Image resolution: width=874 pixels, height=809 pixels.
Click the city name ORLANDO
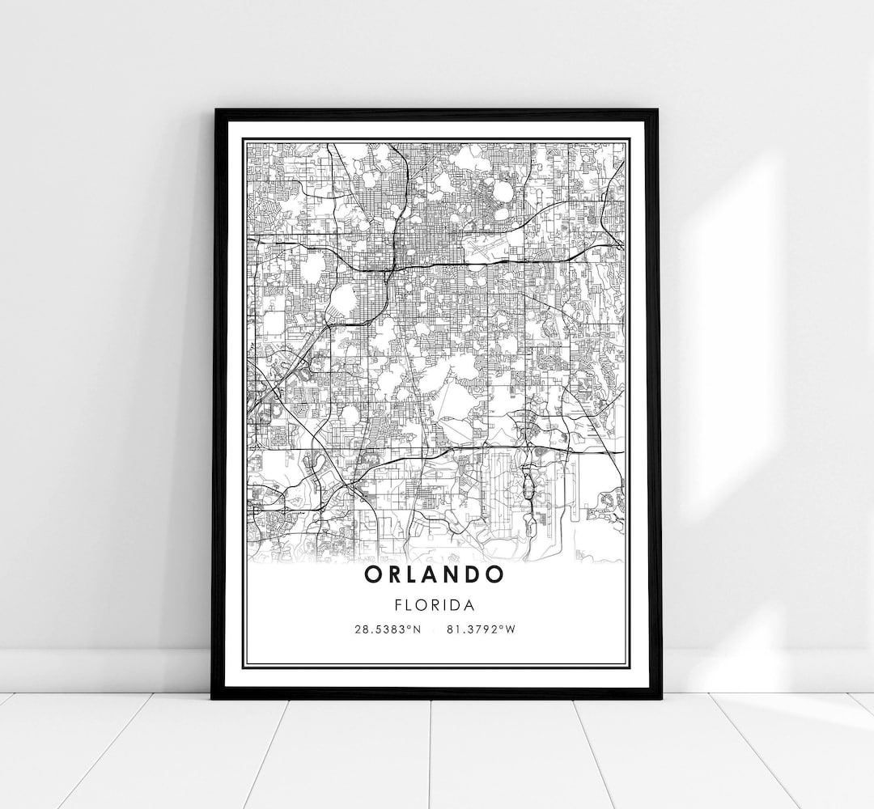(x=435, y=575)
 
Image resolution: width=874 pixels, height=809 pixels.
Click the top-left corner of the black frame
(x=215, y=110)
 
